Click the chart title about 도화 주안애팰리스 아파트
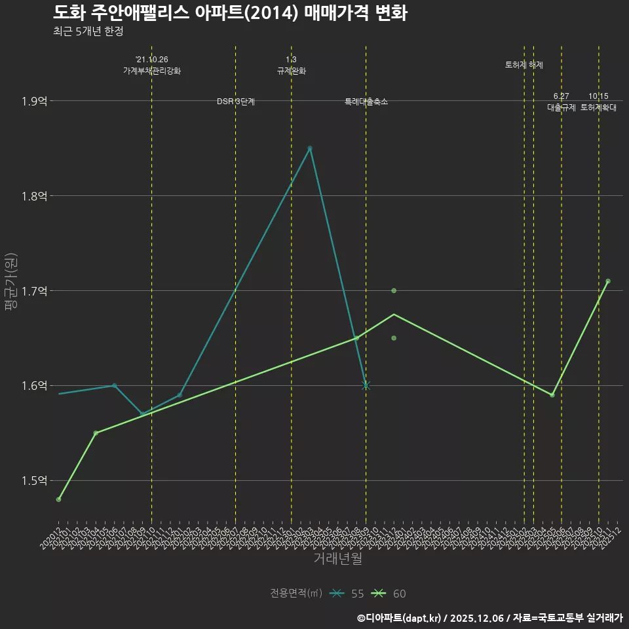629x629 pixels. pos(230,12)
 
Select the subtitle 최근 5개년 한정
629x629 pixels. pos(88,31)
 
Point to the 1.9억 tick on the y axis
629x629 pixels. pos(34,101)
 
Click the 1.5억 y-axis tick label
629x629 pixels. pos(34,481)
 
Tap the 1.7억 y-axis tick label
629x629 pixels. pos(34,291)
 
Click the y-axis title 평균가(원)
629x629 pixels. pos(11,282)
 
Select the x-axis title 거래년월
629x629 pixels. pos(337,558)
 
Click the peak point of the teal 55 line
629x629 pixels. pos(310,148)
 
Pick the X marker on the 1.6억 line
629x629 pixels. pos(366,385)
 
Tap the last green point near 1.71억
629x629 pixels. pos(608,281)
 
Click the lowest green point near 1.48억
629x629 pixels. pos(59,499)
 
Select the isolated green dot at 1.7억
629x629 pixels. pos(394,291)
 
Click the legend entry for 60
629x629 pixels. pos(389,594)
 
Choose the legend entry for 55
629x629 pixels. pos(347,594)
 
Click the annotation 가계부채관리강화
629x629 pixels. pos(152,71)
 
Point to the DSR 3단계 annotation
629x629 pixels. pos(236,102)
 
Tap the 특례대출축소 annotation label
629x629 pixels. pos(366,102)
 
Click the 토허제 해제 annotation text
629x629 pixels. pos(524,65)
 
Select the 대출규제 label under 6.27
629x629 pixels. pos(562,107)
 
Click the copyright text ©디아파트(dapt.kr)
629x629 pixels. pos(401,617)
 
